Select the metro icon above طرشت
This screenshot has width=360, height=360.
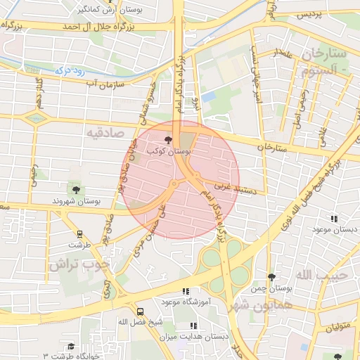79,234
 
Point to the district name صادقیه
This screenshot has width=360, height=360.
105,131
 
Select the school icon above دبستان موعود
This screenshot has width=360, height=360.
333,219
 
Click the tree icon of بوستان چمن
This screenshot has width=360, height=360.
271,278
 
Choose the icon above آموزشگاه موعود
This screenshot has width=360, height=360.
186,291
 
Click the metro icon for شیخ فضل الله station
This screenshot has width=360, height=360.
140,311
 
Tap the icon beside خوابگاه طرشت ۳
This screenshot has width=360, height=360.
70,347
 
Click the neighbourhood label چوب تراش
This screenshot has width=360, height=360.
80,264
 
